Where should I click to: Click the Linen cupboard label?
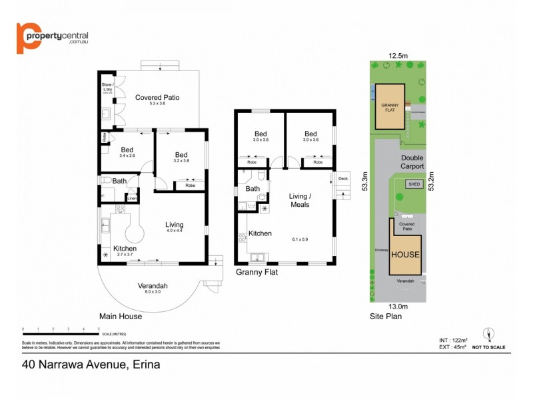point(132,198)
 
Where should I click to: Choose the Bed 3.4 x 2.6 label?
point(127,152)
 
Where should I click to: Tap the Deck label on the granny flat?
point(343,178)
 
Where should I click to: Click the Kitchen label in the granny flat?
point(260,233)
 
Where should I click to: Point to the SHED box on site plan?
point(414,184)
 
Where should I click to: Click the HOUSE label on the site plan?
point(405,255)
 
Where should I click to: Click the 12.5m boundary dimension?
point(398,56)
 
